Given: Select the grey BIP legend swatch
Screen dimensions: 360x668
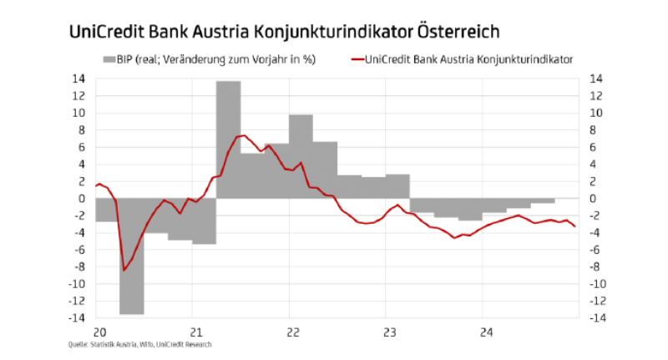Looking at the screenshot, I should [x=111, y=59].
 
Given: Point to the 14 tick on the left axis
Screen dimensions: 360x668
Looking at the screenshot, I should [x=79, y=79].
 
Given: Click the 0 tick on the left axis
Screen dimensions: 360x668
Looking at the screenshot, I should [x=83, y=199].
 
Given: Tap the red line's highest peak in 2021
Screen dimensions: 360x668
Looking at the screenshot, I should [x=241, y=135].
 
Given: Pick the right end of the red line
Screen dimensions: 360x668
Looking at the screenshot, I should [x=574, y=227].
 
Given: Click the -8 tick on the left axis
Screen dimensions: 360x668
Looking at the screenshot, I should [x=79, y=267].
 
